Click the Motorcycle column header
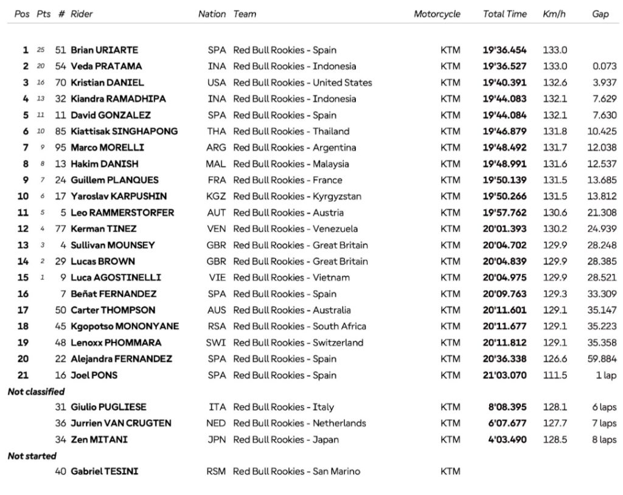(x=437, y=14)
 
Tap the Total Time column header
(x=504, y=14)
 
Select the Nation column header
(x=212, y=14)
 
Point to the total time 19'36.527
(x=504, y=66)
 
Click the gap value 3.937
(x=604, y=83)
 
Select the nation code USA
(x=217, y=83)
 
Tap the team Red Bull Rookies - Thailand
(x=291, y=131)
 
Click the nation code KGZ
(x=217, y=196)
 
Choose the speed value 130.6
(x=554, y=213)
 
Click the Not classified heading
(x=36, y=392)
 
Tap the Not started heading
(x=32, y=456)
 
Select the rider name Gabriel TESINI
(x=104, y=471)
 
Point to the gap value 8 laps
(x=604, y=440)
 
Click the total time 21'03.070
(x=504, y=375)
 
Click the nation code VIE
(x=217, y=278)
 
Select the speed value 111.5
(x=554, y=375)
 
